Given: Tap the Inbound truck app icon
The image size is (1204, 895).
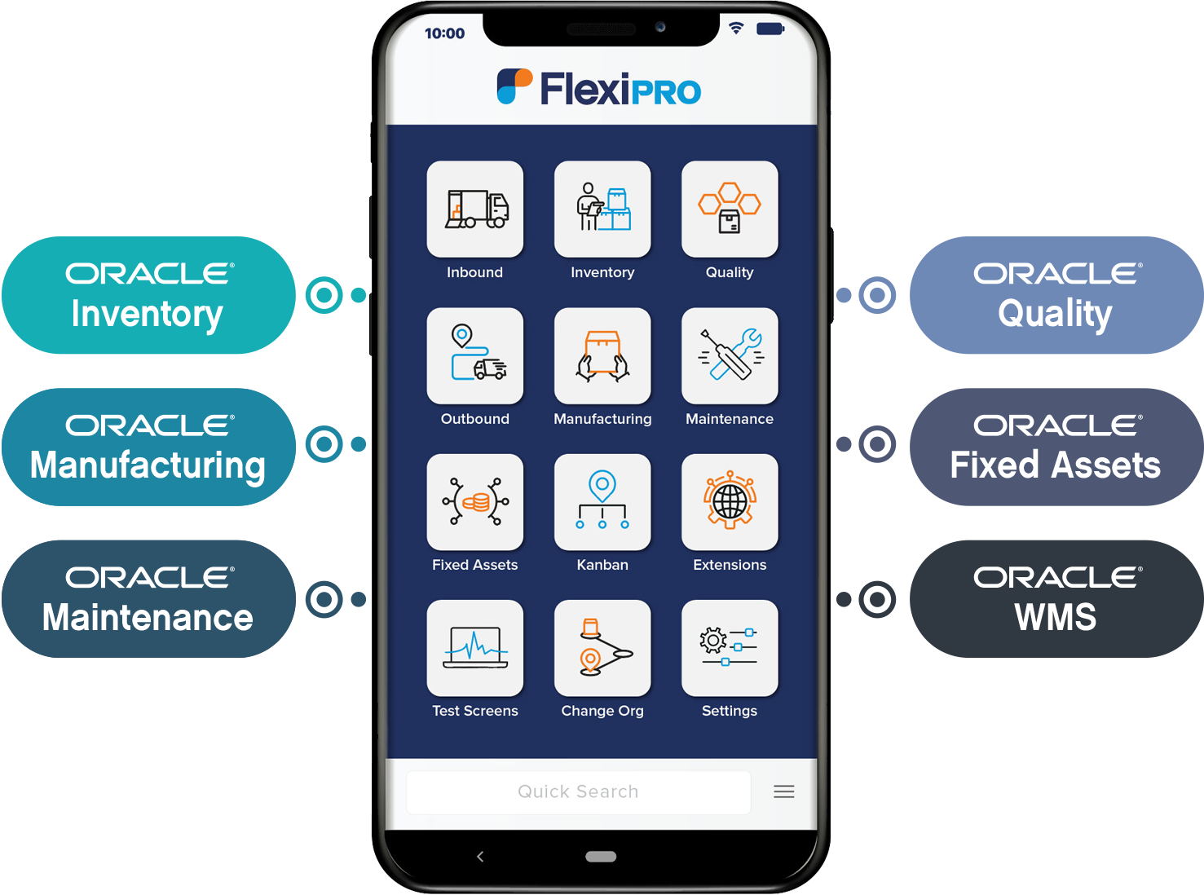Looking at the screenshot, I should click(x=475, y=209).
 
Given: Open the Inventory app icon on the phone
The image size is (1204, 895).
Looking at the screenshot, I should click(x=602, y=209).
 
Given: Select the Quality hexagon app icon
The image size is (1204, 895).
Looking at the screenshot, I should click(x=730, y=209).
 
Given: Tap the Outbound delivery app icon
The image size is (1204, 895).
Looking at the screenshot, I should click(x=475, y=355).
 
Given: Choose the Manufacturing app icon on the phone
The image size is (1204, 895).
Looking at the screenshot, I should click(x=602, y=355).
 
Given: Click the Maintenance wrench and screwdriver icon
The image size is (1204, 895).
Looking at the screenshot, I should click(x=730, y=355).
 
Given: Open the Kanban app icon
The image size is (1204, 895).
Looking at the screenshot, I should click(x=602, y=501).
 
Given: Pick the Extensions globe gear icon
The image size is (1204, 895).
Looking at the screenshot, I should click(x=730, y=501).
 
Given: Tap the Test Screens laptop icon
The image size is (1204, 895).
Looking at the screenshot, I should click(x=475, y=648).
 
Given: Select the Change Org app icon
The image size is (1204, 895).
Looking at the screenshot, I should click(x=602, y=648).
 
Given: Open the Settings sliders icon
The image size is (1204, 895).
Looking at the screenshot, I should click(x=730, y=648).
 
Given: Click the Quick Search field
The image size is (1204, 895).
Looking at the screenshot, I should click(x=578, y=791).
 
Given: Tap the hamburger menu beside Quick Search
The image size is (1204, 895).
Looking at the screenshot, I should click(x=784, y=791).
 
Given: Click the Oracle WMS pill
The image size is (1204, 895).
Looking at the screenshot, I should click(x=1055, y=599).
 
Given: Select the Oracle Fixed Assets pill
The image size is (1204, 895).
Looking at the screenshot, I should click(x=1055, y=447).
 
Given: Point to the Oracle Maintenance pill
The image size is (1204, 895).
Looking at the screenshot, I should click(x=148, y=599).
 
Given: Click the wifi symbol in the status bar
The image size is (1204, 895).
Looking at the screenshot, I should click(x=736, y=29).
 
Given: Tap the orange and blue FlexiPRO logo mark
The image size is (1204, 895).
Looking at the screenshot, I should click(x=514, y=86).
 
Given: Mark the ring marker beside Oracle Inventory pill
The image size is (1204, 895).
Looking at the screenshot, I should click(x=324, y=295).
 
